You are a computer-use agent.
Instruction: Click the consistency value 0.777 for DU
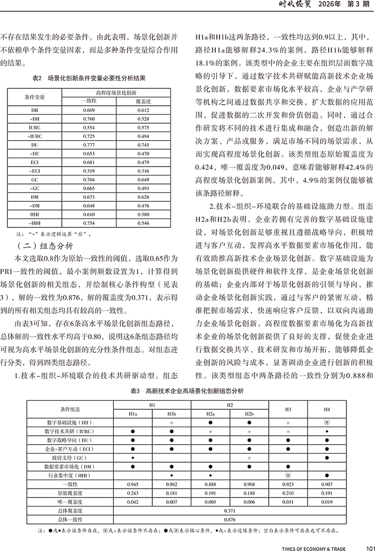(88, 145)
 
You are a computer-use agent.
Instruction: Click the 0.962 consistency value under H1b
(172, 484)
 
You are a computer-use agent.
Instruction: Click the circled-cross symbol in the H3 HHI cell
(288, 475)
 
